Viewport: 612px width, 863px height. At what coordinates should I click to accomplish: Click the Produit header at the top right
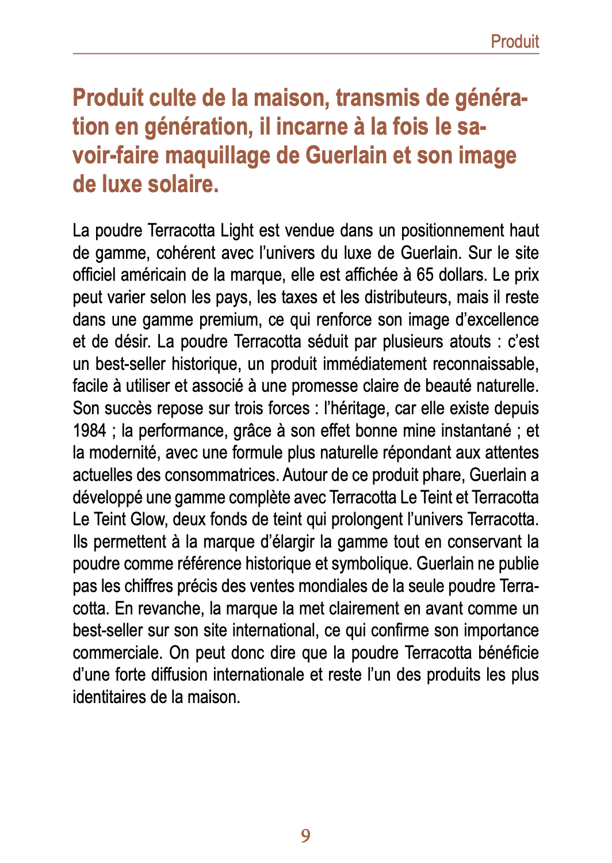(x=514, y=41)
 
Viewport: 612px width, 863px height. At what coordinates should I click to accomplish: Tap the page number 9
(x=305, y=835)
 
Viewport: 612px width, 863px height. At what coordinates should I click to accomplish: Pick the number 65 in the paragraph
(x=425, y=275)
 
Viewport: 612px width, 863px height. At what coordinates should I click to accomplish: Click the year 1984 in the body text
(x=90, y=430)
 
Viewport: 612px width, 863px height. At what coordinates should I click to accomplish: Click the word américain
(x=153, y=275)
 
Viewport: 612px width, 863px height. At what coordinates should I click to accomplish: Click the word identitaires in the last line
(x=109, y=697)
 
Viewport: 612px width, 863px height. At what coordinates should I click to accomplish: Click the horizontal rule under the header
(x=305, y=54)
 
